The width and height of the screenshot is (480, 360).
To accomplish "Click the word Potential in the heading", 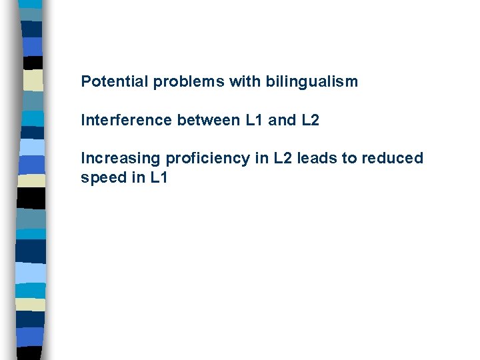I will click(114, 82).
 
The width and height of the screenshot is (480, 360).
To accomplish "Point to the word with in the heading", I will click(246, 82).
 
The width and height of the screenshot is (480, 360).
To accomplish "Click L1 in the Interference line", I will click(250, 121).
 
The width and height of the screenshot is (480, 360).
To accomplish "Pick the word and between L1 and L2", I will click(280, 121).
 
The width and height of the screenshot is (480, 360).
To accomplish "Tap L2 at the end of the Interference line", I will click(310, 121).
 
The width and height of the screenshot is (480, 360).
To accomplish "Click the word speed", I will click(101, 178).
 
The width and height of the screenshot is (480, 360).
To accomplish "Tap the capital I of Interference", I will click(83, 121).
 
